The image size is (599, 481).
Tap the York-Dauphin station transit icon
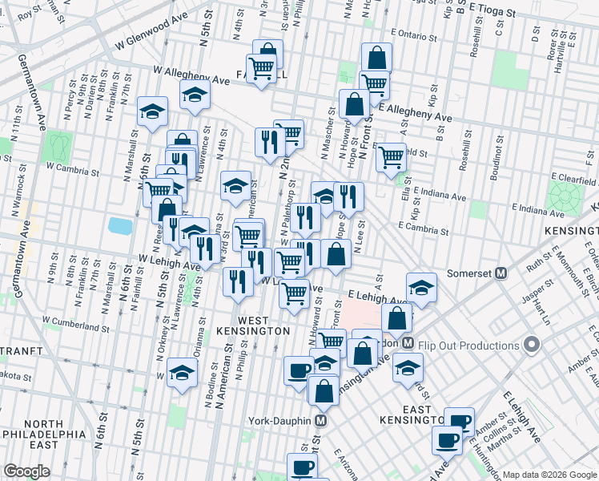(x=321, y=420)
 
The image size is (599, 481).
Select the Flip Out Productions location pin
(x=532, y=346)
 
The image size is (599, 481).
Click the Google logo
(x=27, y=471)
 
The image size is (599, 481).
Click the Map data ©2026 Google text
(x=549, y=475)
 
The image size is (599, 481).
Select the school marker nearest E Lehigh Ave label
(x=421, y=287)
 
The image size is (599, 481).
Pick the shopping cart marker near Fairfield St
(x=390, y=157)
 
